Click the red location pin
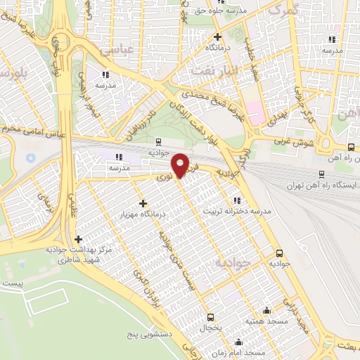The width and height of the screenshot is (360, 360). coord(181,165)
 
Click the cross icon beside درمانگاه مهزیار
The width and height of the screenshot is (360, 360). coord(143,202)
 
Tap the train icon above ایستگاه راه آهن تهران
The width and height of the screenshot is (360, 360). coord(321,174)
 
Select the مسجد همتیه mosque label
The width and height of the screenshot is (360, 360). coord(264,321)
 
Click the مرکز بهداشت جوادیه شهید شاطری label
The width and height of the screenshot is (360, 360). coord(79,255)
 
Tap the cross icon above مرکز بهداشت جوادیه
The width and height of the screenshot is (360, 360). coord(78,240)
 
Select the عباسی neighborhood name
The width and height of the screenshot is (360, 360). coord(116,51)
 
